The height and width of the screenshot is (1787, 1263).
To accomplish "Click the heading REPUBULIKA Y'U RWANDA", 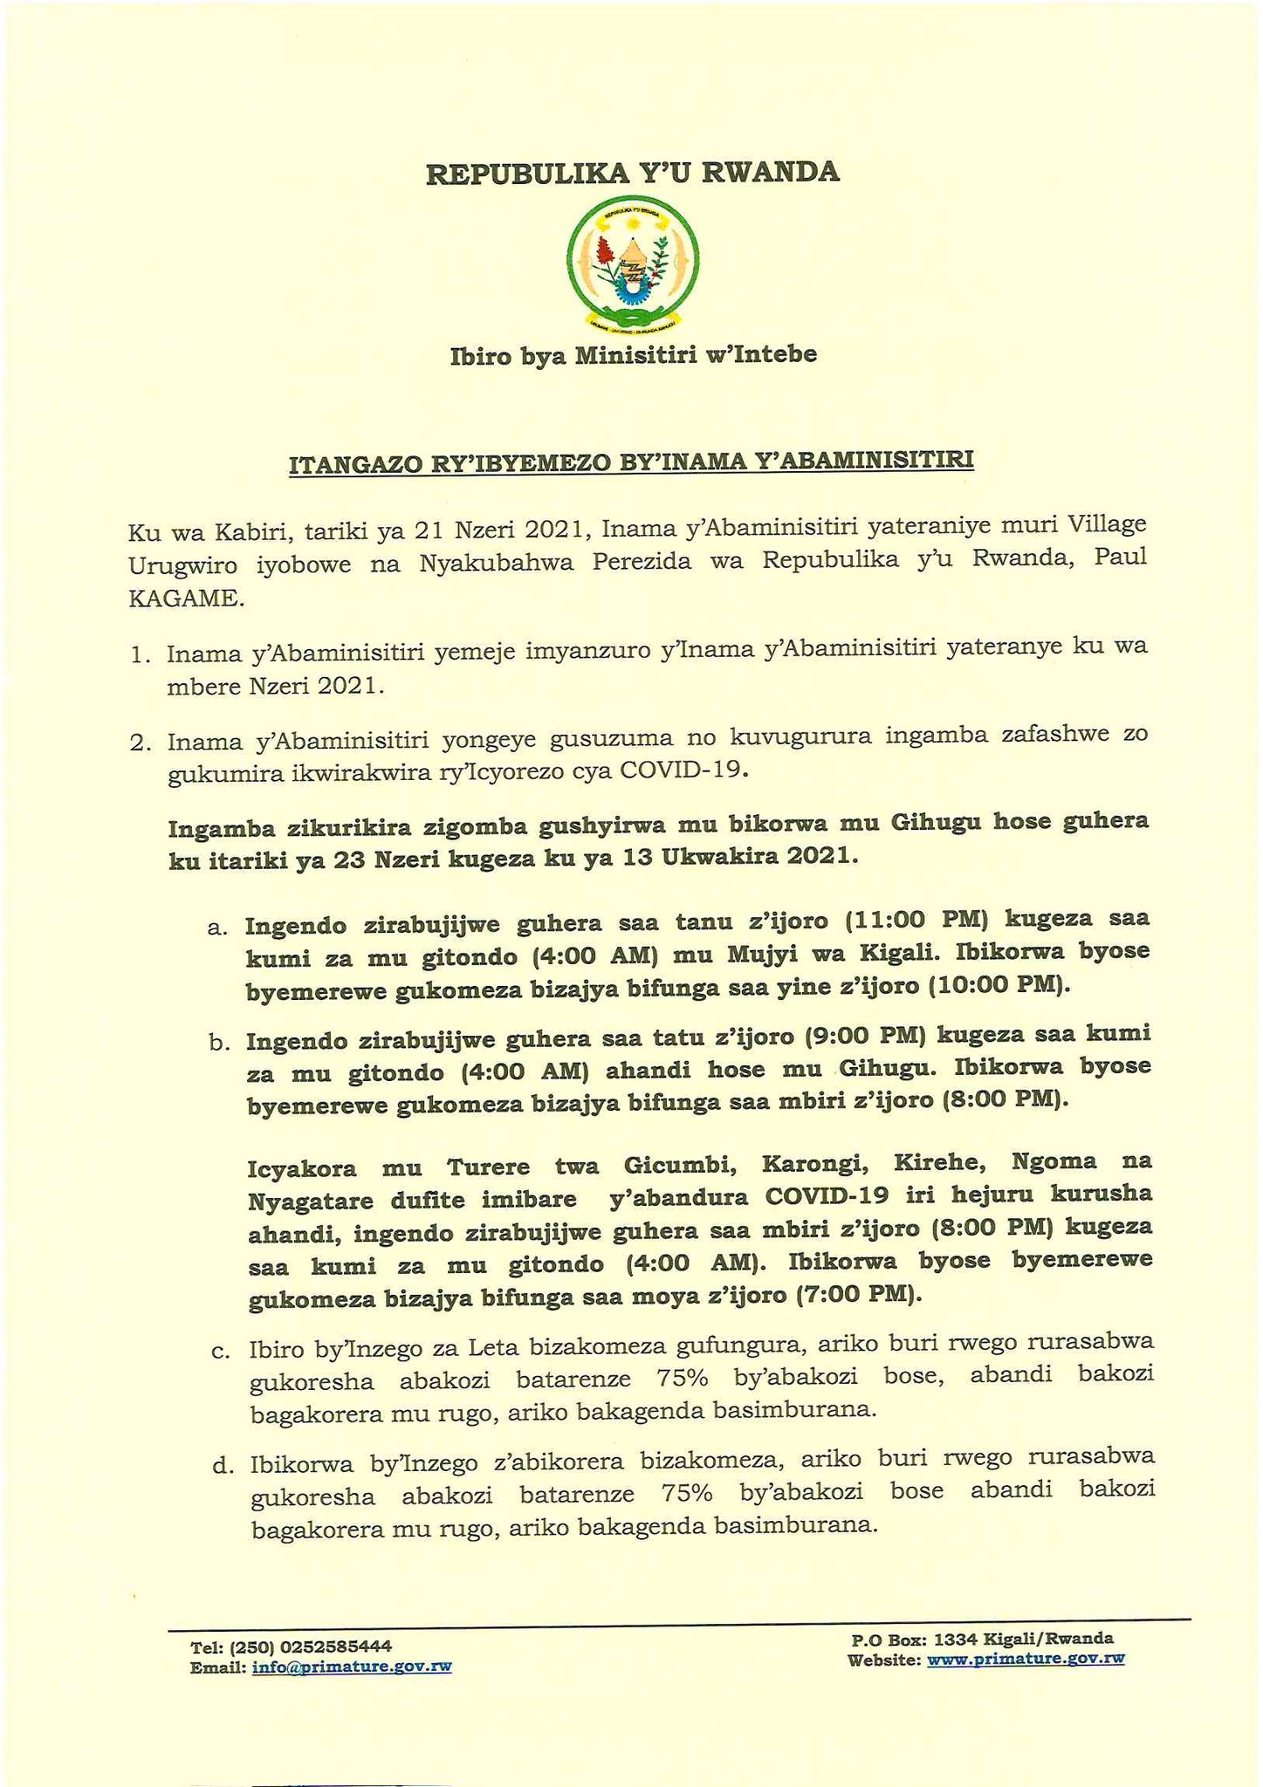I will pyautogui.click(x=632, y=173).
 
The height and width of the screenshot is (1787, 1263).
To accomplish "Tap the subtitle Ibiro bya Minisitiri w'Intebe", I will pyautogui.click(x=633, y=355).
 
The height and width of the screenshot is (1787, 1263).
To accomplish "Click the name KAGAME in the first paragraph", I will pyautogui.click(x=183, y=599).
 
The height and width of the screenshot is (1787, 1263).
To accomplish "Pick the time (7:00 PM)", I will pyautogui.click(x=860, y=1295).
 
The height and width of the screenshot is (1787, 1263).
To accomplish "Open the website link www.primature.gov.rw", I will pyautogui.click(x=1025, y=1658).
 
